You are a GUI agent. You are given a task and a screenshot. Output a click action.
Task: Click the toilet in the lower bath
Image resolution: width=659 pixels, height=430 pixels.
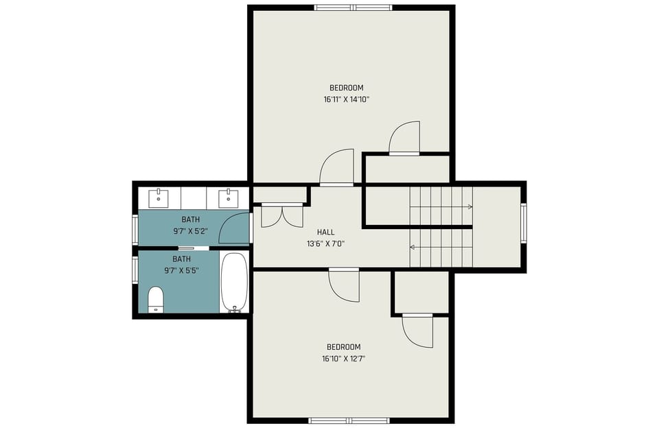pyautogui.click(x=156, y=299)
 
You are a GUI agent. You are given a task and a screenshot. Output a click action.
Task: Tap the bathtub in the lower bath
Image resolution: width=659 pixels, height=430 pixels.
pyautogui.click(x=234, y=283)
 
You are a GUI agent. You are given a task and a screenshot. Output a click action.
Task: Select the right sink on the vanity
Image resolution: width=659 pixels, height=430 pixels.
pyautogui.click(x=229, y=198)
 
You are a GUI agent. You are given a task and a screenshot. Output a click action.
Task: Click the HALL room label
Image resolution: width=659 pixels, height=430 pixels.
pyautogui.click(x=325, y=232)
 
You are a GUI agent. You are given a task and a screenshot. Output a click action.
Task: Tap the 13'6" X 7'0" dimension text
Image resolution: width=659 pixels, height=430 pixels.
pyautogui.click(x=325, y=243)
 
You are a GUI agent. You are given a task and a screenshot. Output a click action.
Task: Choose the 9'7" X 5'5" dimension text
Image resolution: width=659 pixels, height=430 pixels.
pyautogui.click(x=181, y=270)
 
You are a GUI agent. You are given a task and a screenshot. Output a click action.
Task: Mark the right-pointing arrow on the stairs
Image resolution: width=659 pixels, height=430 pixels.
pyautogui.click(x=470, y=206)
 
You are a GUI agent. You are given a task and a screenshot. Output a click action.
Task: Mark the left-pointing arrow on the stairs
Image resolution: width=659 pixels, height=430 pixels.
pyautogui.click(x=413, y=247)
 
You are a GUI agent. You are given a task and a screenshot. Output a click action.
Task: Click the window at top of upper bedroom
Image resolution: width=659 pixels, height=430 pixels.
pyautogui.click(x=353, y=8)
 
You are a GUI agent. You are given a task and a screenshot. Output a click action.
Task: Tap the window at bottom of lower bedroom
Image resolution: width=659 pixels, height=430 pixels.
pyautogui.click(x=348, y=420)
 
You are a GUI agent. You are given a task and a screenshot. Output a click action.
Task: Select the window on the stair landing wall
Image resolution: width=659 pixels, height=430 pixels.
pyautogui.click(x=524, y=224)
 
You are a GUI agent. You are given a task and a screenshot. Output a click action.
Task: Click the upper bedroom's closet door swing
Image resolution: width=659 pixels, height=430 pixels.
pyautogui.click(x=404, y=139)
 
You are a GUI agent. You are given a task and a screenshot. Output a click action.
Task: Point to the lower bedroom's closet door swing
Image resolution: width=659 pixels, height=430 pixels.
pyautogui.click(x=417, y=331)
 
